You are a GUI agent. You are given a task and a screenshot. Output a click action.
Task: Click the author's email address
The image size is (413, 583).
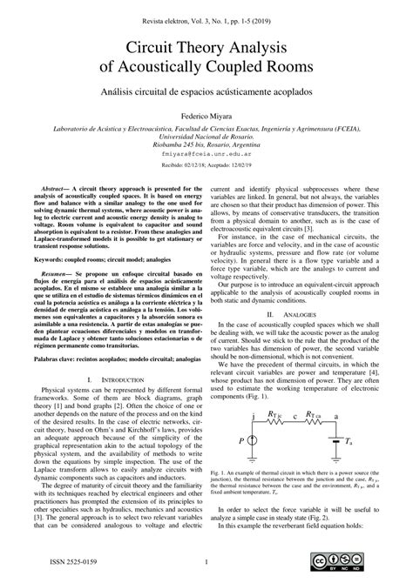206,153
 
